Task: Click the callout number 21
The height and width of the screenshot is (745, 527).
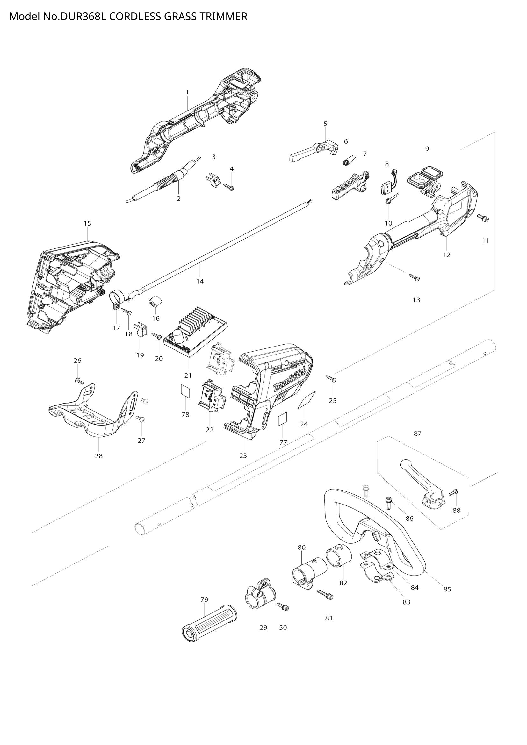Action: pyautogui.click(x=188, y=376)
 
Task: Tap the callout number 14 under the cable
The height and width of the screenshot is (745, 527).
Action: pyautogui.click(x=200, y=282)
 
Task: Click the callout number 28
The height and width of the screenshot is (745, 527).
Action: pyautogui.click(x=99, y=456)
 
